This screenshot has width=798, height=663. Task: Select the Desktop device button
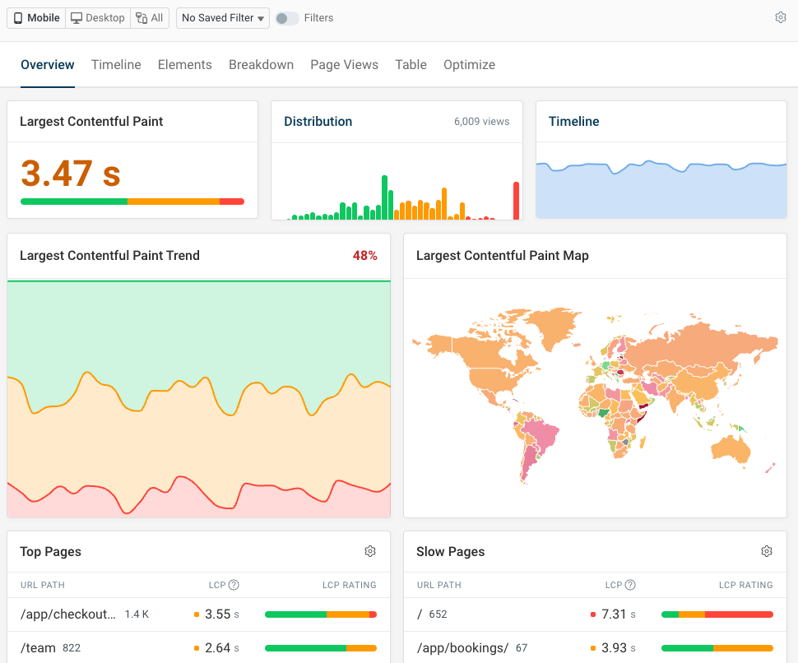coord(98,18)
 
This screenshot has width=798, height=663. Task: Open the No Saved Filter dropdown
coord(223,18)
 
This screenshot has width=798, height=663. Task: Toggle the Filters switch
coord(286,18)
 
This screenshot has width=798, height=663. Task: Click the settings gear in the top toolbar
coord(781,17)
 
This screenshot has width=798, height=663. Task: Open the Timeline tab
coord(116,65)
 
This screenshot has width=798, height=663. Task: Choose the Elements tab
coord(185,65)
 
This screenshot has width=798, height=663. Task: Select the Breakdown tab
coord(261,65)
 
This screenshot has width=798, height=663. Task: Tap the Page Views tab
coord(344,65)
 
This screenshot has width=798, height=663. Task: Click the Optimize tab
coord(469,65)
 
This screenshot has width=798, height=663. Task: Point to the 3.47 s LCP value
coord(71,174)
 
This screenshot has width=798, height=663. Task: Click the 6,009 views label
coord(481,122)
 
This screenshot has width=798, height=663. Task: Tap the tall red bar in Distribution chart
coord(517,201)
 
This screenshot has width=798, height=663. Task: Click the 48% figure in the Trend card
coord(364,256)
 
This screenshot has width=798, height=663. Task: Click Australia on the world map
coord(730,447)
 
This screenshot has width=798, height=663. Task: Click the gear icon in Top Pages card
coord(370,551)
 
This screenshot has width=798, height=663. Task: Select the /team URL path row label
coord(38,648)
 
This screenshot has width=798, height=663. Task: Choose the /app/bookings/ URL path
coord(462,648)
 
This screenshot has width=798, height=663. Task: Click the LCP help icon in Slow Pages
coord(630,585)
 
